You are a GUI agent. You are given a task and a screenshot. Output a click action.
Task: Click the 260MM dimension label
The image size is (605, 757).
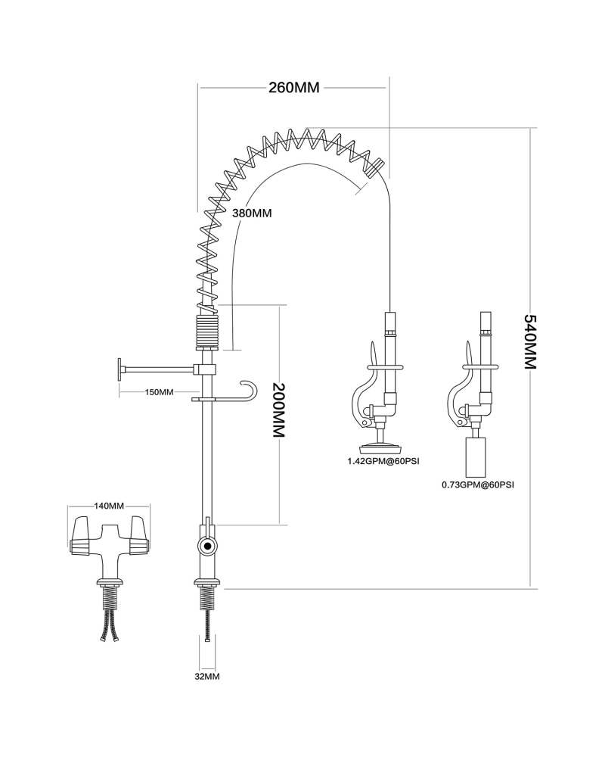tap(294, 87)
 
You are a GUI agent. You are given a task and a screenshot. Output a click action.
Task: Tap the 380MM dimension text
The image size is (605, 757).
tap(251, 213)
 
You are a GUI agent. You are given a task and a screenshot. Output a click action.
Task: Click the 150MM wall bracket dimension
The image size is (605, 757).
tap(159, 392)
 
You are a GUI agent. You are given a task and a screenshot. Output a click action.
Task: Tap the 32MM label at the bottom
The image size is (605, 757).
tap(206, 676)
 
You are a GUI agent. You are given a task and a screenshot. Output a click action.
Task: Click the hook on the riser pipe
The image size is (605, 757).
tap(248, 389)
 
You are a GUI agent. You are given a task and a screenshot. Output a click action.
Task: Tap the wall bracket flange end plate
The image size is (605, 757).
tap(119, 369)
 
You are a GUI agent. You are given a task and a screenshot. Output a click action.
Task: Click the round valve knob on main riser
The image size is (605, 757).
tap(206, 546)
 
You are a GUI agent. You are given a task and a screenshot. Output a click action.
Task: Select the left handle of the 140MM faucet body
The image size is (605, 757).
tap(81, 534)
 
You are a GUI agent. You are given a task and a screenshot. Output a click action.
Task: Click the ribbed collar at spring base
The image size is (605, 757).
tap(206, 331)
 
